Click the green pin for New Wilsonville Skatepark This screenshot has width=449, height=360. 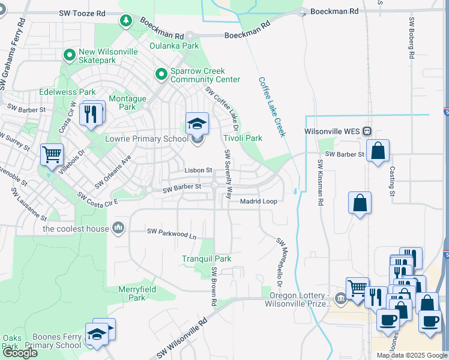point(70,55)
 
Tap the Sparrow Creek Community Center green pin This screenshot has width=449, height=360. point(161,74)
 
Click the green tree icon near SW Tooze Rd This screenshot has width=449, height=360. point(126,21)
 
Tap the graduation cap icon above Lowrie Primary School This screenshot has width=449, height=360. point(197,124)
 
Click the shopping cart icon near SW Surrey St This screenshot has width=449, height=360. point(52,154)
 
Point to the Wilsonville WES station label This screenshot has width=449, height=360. point(334,131)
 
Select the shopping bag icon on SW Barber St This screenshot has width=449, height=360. point(378,151)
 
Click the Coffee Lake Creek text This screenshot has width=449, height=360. point(271,107)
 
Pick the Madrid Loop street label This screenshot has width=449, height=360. point(258,202)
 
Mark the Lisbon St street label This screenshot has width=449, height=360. point(198,170)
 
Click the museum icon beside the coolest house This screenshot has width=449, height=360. point(118,228)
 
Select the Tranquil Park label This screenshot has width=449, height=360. point(206,259)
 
